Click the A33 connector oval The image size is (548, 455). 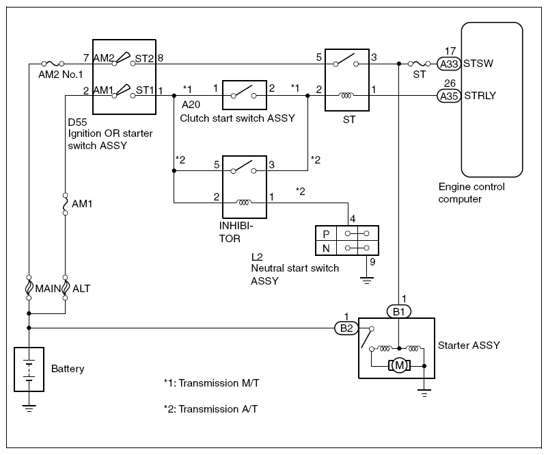point(448,64)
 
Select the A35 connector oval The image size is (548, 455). point(448,96)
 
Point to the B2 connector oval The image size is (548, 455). point(344,328)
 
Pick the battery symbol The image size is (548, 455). point(29,369)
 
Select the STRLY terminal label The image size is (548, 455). point(480,96)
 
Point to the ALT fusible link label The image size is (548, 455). point(81,288)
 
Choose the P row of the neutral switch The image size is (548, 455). point(346,233)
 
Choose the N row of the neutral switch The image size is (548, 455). point(346,248)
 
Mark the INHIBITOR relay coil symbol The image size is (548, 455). point(243,203)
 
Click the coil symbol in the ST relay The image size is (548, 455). point(347,96)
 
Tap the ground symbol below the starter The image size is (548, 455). point(424,393)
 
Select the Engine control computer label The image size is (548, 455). point(472,193)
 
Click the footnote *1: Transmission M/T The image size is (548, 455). point(211,383)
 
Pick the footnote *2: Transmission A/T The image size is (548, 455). point(211,409)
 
